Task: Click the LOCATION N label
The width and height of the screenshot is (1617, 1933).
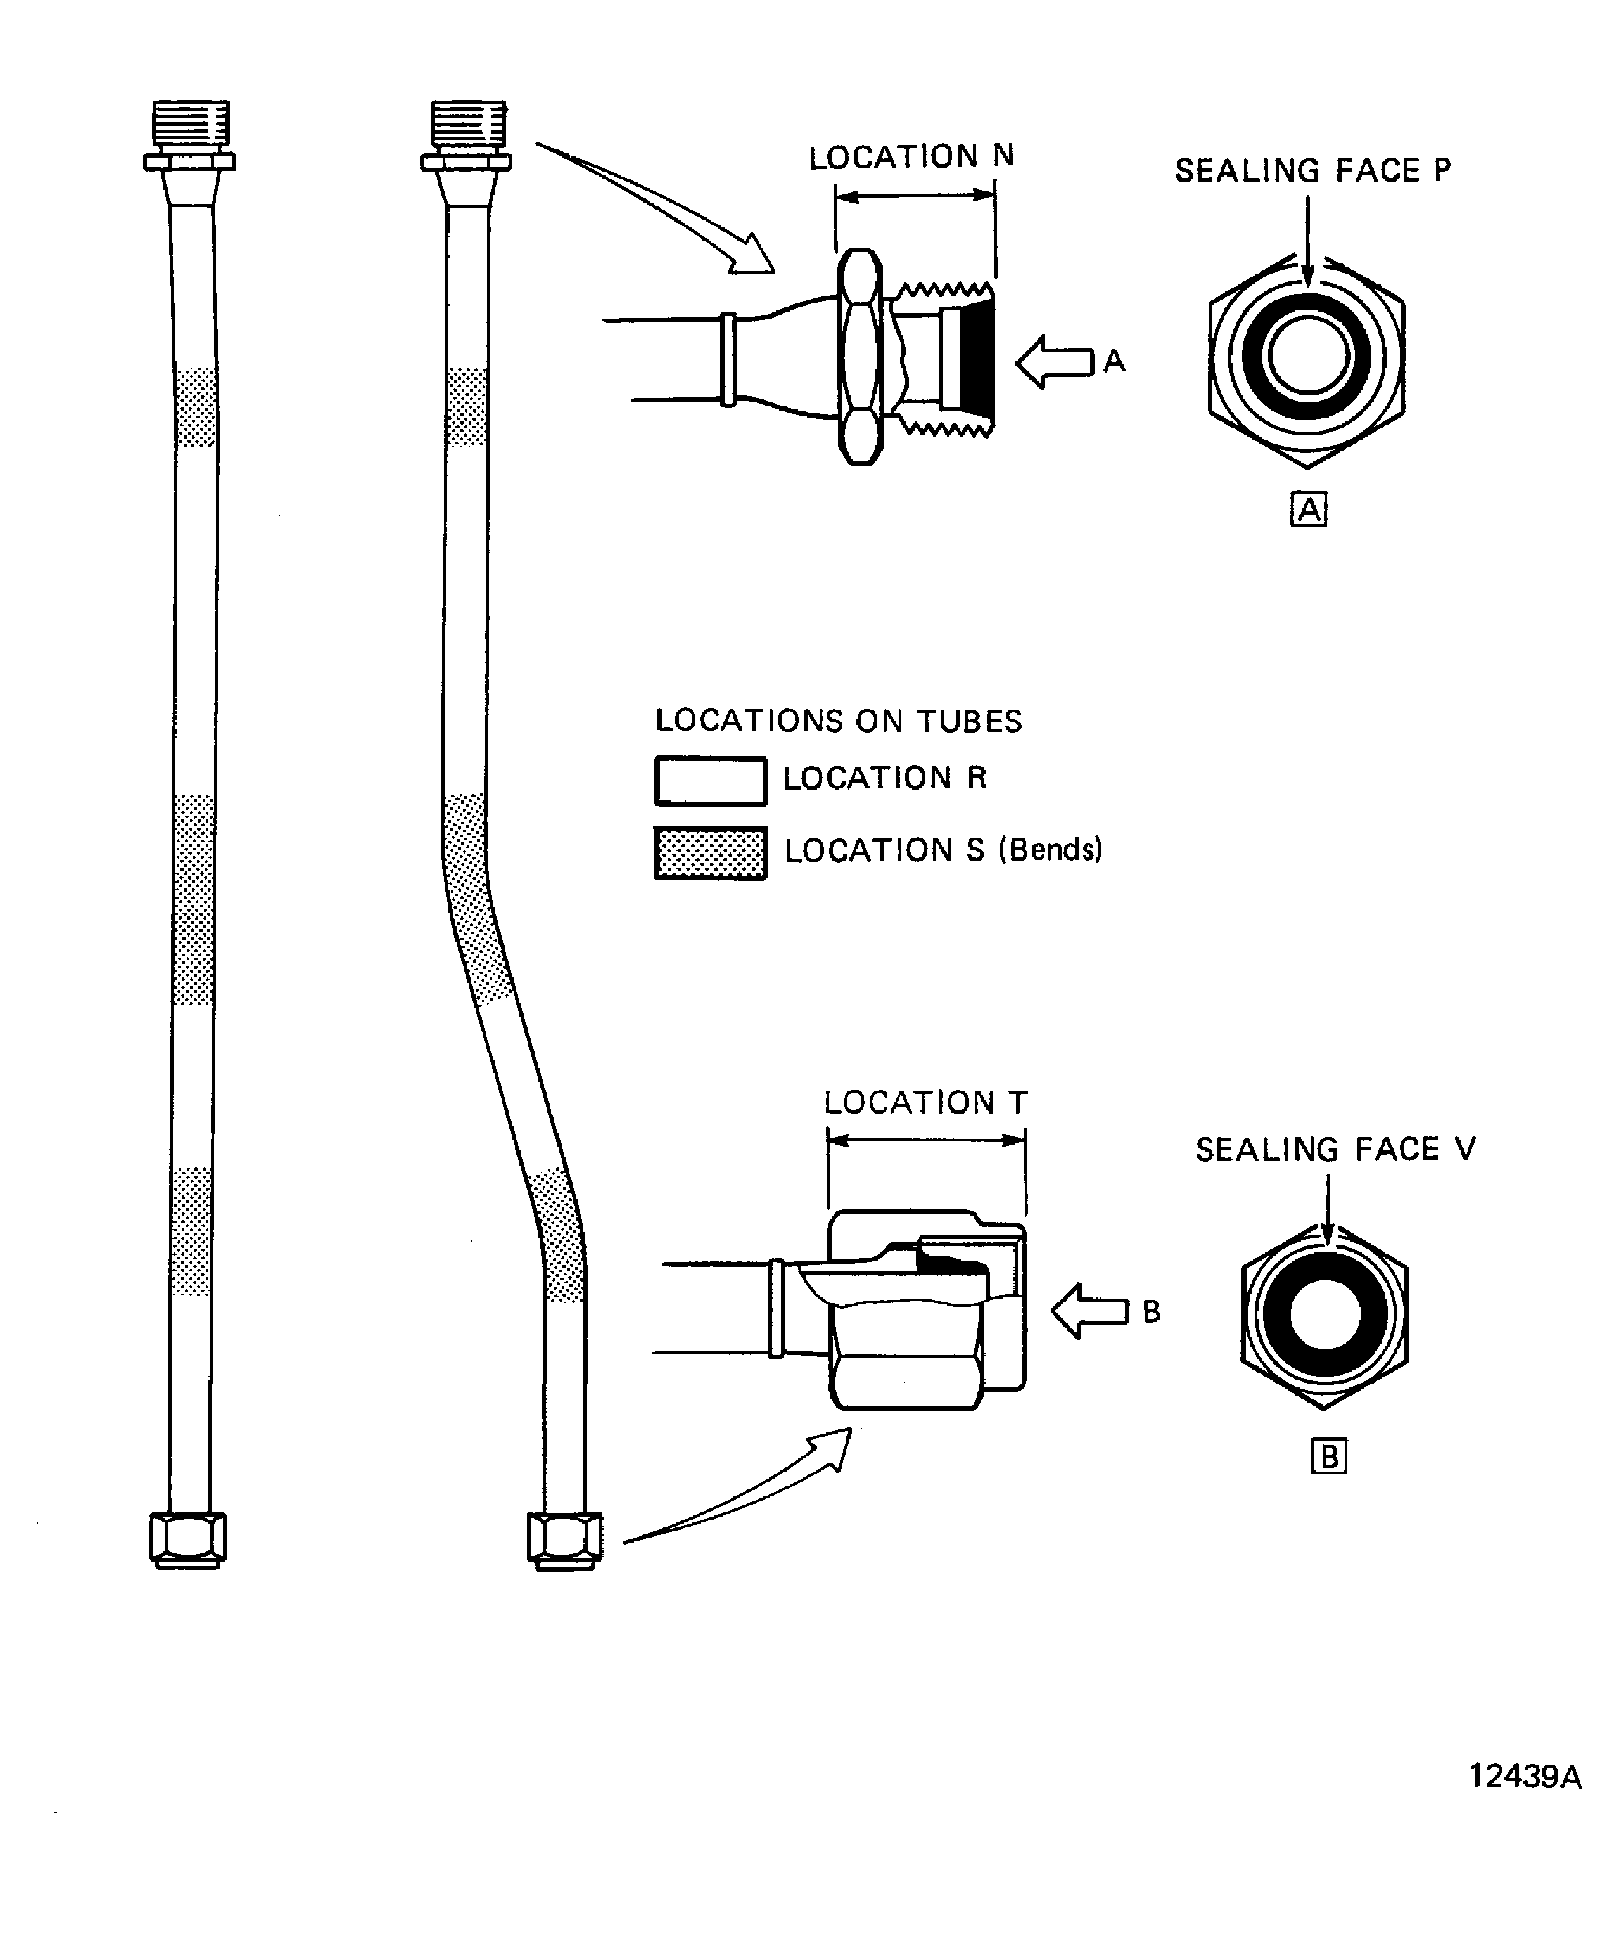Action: (x=910, y=158)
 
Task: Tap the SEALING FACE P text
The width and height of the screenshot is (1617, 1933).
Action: (x=1313, y=171)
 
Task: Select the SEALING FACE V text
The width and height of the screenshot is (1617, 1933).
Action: (x=1334, y=1150)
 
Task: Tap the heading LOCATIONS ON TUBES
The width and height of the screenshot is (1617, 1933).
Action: (x=838, y=721)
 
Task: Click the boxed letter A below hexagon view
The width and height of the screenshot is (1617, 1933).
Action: (x=1308, y=509)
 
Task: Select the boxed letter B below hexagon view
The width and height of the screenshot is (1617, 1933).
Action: (x=1328, y=1457)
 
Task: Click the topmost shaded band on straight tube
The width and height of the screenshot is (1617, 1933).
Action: (x=195, y=408)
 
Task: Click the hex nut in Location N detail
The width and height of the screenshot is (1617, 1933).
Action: (x=861, y=357)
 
